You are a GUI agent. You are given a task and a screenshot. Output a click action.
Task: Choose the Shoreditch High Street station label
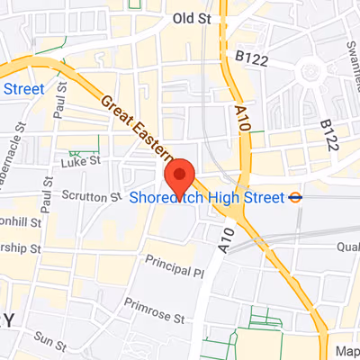pos(206,197)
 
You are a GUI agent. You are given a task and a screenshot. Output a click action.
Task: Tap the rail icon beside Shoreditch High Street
pos(295,196)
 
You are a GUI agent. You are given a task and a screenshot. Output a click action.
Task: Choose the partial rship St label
pos(20,247)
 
